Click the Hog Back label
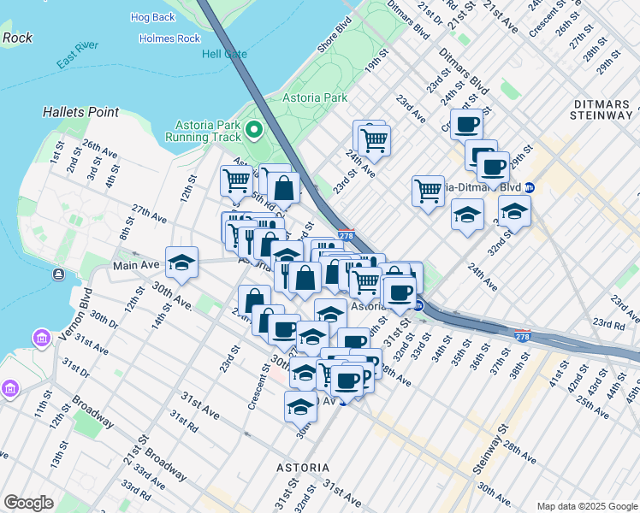152,17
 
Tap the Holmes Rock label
169,38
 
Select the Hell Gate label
224,54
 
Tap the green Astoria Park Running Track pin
254,130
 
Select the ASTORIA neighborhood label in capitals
303,468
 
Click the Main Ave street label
136,266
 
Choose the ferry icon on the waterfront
58,274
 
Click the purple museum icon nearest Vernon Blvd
39,339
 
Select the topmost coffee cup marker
465,125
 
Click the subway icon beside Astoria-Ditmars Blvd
530,187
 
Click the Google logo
27,503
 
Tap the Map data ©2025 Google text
586,506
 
